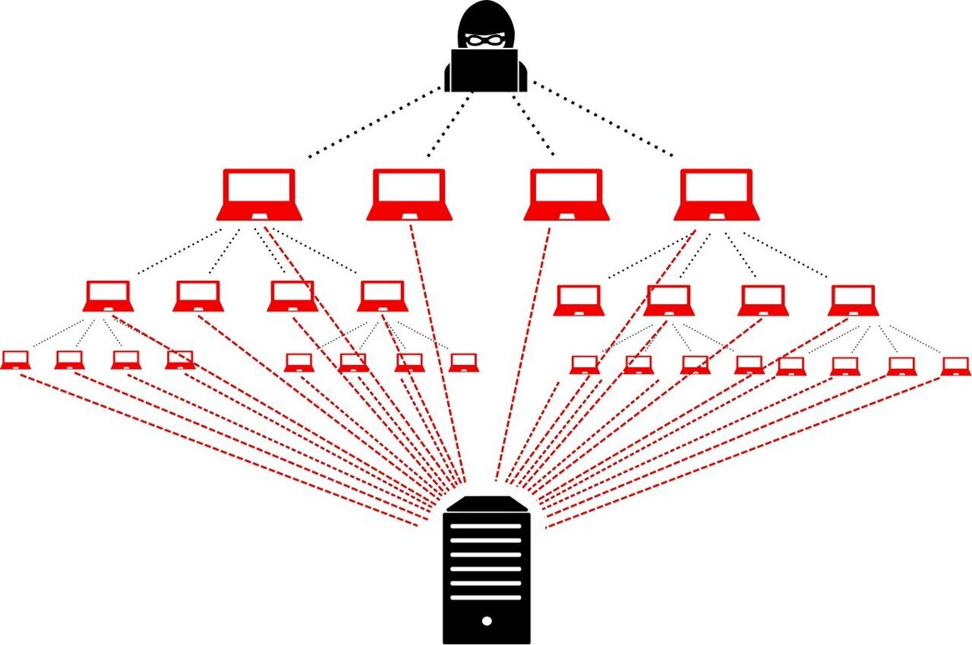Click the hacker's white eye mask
click(486, 38)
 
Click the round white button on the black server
click(486, 622)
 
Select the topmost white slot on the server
click(486, 526)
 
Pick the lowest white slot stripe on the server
click(486, 597)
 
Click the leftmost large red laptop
click(259, 194)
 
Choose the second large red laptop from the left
click(409, 194)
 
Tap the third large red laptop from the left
click(565, 194)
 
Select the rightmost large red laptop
click(717, 194)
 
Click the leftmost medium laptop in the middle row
click(108, 296)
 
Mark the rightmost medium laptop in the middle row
click(854, 300)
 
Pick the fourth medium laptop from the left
click(382, 296)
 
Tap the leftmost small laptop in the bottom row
click(15, 360)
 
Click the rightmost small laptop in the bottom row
click(956, 366)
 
